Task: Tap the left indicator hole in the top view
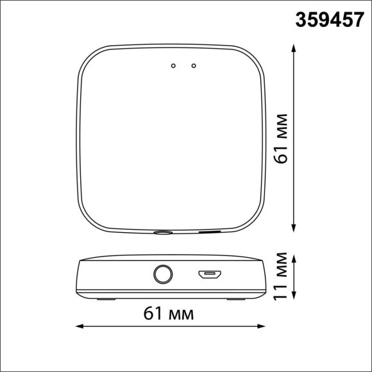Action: pos(173,65)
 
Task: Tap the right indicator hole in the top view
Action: pos(193,65)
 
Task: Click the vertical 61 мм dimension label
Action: pos(280,139)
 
